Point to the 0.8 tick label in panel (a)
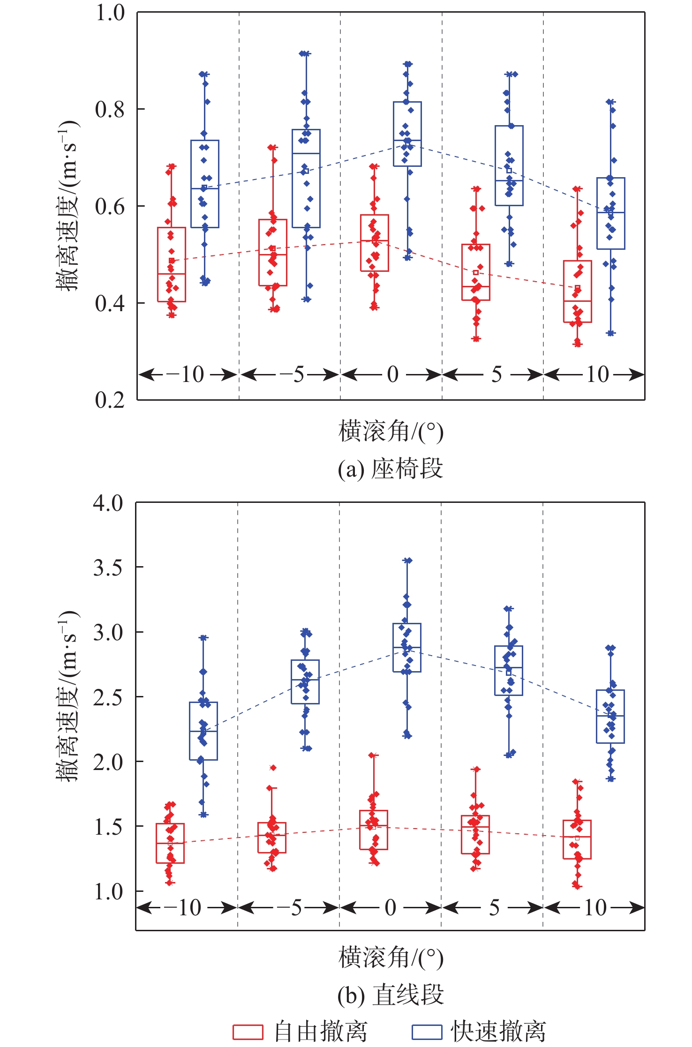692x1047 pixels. (110, 109)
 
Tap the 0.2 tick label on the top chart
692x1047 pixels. (110, 400)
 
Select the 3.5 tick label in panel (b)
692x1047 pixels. (108, 568)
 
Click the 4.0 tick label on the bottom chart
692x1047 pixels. (108, 503)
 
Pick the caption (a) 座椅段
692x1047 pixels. (391, 469)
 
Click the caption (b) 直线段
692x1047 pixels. (391, 995)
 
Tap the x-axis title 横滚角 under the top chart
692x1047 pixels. (391, 431)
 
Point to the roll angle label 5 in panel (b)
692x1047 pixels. (495, 908)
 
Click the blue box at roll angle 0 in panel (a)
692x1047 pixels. (407, 134)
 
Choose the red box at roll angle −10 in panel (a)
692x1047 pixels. (171, 264)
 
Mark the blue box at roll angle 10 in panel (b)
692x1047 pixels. (610, 716)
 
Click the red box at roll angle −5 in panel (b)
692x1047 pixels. (272, 838)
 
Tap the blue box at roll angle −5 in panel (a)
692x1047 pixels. (306, 178)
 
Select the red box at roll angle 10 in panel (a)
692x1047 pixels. (577, 291)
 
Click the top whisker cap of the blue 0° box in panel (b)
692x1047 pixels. (407, 560)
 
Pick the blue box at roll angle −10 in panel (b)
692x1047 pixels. (203, 731)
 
